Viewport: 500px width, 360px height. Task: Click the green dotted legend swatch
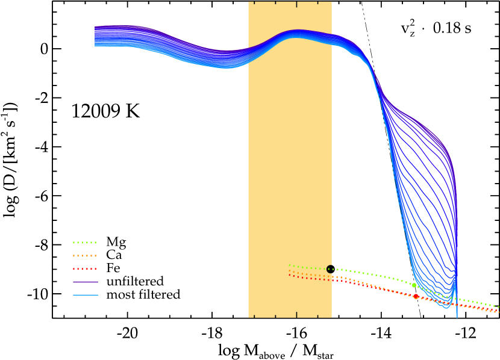pos(84,243)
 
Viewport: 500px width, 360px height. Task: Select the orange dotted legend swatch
pos(84,256)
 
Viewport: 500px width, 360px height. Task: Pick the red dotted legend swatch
pos(84,269)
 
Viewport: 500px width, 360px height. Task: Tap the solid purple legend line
pos(85,282)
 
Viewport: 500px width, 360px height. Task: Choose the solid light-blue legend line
pos(85,295)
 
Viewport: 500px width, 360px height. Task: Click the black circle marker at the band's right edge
pos(330,269)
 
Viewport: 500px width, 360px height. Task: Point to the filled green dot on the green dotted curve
pos(414,285)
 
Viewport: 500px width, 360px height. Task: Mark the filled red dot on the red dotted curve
pos(416,296)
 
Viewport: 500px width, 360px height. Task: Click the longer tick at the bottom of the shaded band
pos(296,314)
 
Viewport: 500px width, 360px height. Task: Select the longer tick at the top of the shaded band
pos(296,4)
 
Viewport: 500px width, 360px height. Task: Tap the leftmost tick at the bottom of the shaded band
pos(254,315)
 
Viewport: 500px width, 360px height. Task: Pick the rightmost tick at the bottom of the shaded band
pos(318,315)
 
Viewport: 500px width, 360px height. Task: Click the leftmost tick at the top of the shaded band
pos(254,3)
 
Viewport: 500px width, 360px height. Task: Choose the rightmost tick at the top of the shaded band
pos(318,3)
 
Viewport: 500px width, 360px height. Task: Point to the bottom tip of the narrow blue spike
pos(457,317)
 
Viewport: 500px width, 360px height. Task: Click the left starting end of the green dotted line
pos(290,265)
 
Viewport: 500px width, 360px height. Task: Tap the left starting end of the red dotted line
pos(290,275)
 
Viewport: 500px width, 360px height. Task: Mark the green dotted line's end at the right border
pos(498,306)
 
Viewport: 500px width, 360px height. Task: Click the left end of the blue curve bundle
pos(95,36)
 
